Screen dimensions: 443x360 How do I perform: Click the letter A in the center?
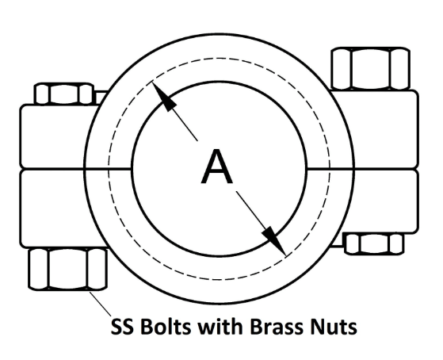217,167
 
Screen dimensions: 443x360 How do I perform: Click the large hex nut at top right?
370,69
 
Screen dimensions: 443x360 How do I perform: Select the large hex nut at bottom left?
68,269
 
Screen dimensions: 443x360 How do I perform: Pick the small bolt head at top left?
64,94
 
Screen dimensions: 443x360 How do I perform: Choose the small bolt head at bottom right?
374,243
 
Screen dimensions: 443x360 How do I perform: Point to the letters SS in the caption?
122,327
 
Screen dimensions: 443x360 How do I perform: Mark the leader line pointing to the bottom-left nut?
101,304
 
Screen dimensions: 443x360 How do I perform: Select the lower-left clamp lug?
56,208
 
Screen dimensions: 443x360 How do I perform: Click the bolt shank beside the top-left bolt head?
101,98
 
